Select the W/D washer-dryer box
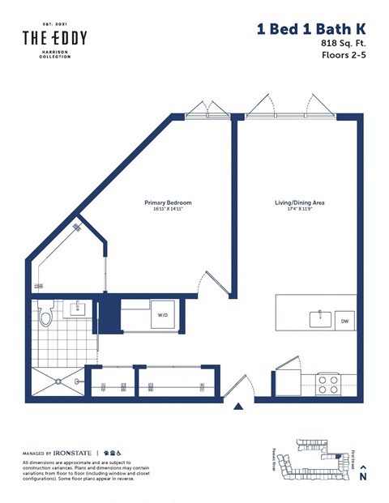pyautogui.click(x=162, y=314)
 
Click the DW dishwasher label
pyautogui.click(x=344, y=321)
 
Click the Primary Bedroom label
pyautogui.click(x=168, y=202)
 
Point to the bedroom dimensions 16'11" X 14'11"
pyautogui.click(x=168, y=209)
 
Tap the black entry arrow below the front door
pyautogui.click(x=238, y=407)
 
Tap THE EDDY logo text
pyautogui.click(x=54, y=37)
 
